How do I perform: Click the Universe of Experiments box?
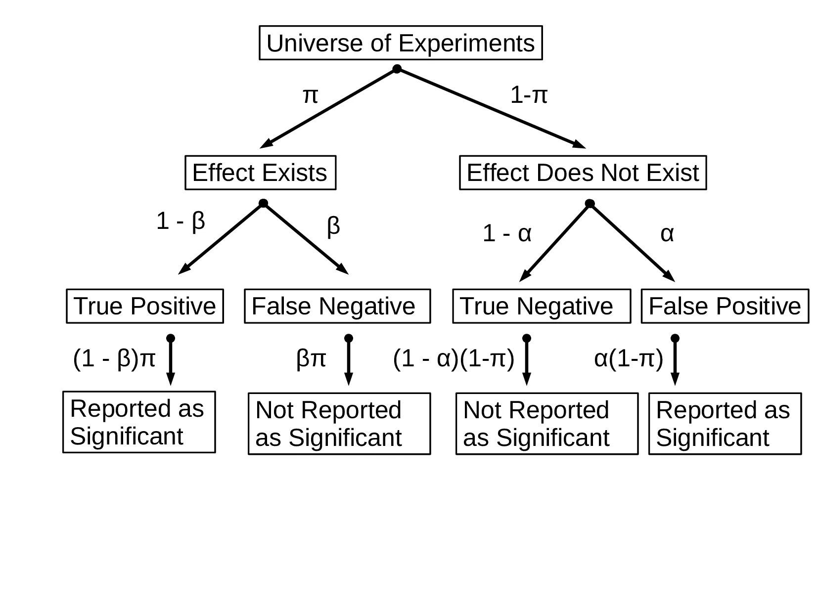coord(401,43)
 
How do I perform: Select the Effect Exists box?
coord(260,173)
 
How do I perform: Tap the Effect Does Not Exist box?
coord(583,173)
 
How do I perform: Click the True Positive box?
coord(145,306)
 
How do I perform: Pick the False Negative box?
coord(337,306)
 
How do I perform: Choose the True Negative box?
coord(542,306)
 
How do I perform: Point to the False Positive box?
coord(725,306)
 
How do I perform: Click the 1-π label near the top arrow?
coord(528,94)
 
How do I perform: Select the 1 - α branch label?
coord(506,233)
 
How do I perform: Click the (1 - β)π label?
coord(114,358)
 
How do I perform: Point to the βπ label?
coord(311,358)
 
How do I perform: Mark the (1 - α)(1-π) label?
coord(454,358)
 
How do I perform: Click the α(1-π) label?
coord(628,358)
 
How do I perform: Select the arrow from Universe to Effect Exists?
coord(329,108)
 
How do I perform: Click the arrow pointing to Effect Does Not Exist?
coord(491,108)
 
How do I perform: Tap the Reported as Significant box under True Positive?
coord(139,422)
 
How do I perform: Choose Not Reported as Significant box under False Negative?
coord(339,424)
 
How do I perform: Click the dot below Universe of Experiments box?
coord(397,69)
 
